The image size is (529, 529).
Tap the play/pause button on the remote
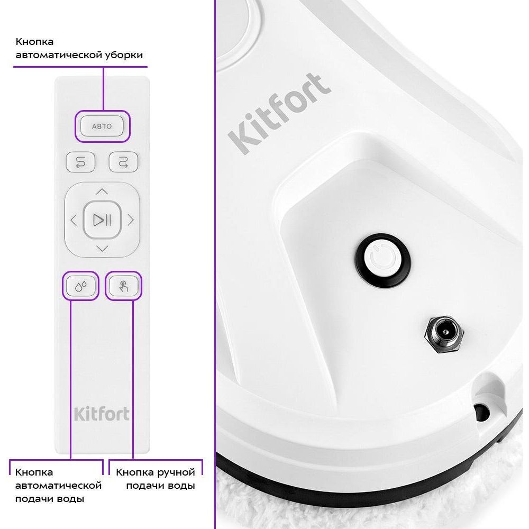tap(102, 220)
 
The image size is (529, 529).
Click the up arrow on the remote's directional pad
tap(102, 191)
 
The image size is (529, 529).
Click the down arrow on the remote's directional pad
tap(102, 249)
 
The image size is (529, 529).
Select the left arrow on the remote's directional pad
tap(74, 220)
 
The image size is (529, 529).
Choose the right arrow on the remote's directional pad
tap(131, 220)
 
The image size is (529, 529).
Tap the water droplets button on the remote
tap(80, 286)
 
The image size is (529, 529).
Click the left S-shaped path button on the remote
tap(80, 162)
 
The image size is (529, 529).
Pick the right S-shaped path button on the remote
tap(123, 162)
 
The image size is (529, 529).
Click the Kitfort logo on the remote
tap(102, 414)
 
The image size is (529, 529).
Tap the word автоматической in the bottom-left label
tap(58, 486)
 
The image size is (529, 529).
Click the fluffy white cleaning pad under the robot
tap(371, 506)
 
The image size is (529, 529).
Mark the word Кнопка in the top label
tap(34, 42)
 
